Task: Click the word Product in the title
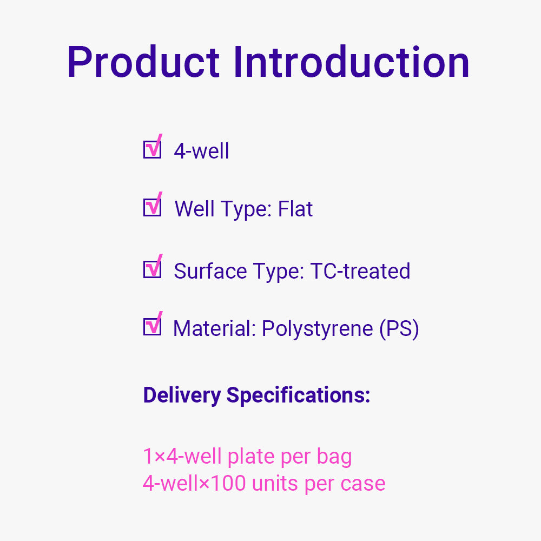(143, 62)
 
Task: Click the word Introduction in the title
(351, 62)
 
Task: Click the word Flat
(295, 209)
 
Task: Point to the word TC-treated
(360, 271)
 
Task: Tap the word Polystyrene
(318, 329)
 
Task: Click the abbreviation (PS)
(399, 329)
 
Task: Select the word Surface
(210, 271)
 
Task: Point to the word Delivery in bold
(182, 395)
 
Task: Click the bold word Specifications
(298, 395)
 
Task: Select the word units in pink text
(275, 483)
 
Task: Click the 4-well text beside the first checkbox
(201, 151)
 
